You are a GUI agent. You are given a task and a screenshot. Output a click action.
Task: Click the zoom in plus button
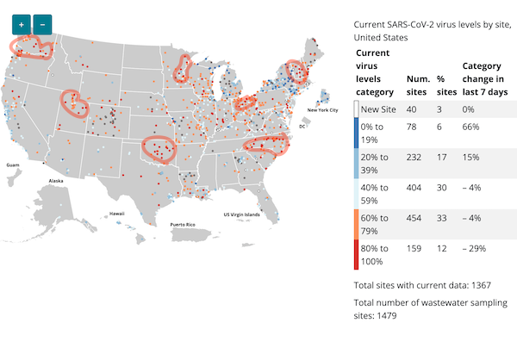21,25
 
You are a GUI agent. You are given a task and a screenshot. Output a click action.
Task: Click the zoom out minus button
43,25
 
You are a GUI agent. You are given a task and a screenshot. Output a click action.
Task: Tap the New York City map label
321,110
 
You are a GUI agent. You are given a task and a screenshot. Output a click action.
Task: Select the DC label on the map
302,127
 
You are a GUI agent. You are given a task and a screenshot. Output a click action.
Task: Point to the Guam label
12,164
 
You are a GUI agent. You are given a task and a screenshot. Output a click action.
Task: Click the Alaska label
56,181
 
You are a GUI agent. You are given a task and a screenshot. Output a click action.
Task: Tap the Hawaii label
116,213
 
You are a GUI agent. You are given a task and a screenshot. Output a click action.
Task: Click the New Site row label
379,109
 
